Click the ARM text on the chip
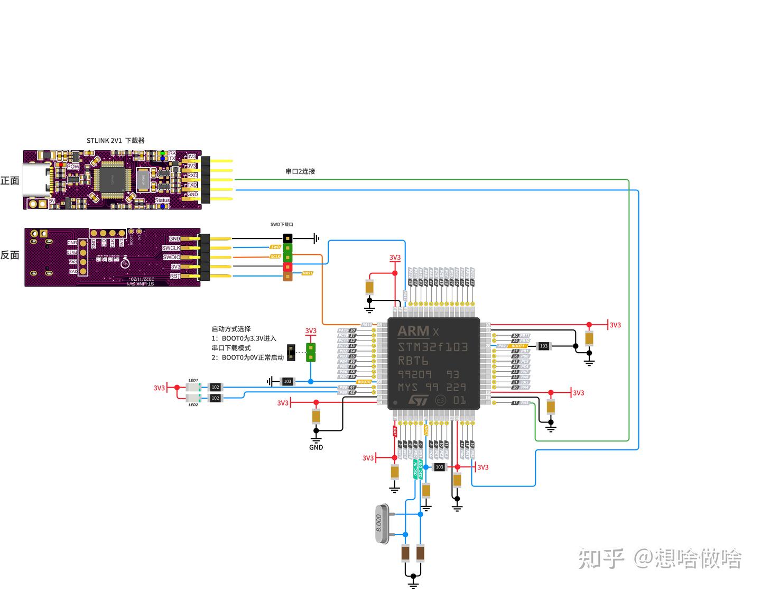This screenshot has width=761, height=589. point(413,332)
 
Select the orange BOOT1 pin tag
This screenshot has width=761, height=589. point(518,346)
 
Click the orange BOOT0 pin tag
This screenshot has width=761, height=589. point(364,382)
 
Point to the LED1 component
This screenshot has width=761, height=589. point(193,388)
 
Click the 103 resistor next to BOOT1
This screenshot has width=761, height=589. point(543,346)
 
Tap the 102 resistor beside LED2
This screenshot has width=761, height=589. point(215,398)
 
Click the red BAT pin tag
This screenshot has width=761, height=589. point(395,430)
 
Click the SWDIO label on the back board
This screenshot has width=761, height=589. point(171,257)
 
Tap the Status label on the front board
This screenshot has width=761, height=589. point(162,200)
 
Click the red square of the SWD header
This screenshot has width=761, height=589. point(287,266)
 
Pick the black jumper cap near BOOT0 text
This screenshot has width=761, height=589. point(291,353)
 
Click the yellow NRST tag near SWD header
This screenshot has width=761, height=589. point(307,273)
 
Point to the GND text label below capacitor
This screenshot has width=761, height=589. point(316,447)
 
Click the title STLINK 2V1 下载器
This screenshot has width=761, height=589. point(115,141)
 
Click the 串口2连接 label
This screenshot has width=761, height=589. point(300,171)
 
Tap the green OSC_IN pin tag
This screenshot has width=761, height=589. point(415,468)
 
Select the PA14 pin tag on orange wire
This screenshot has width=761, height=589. point(366,325)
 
